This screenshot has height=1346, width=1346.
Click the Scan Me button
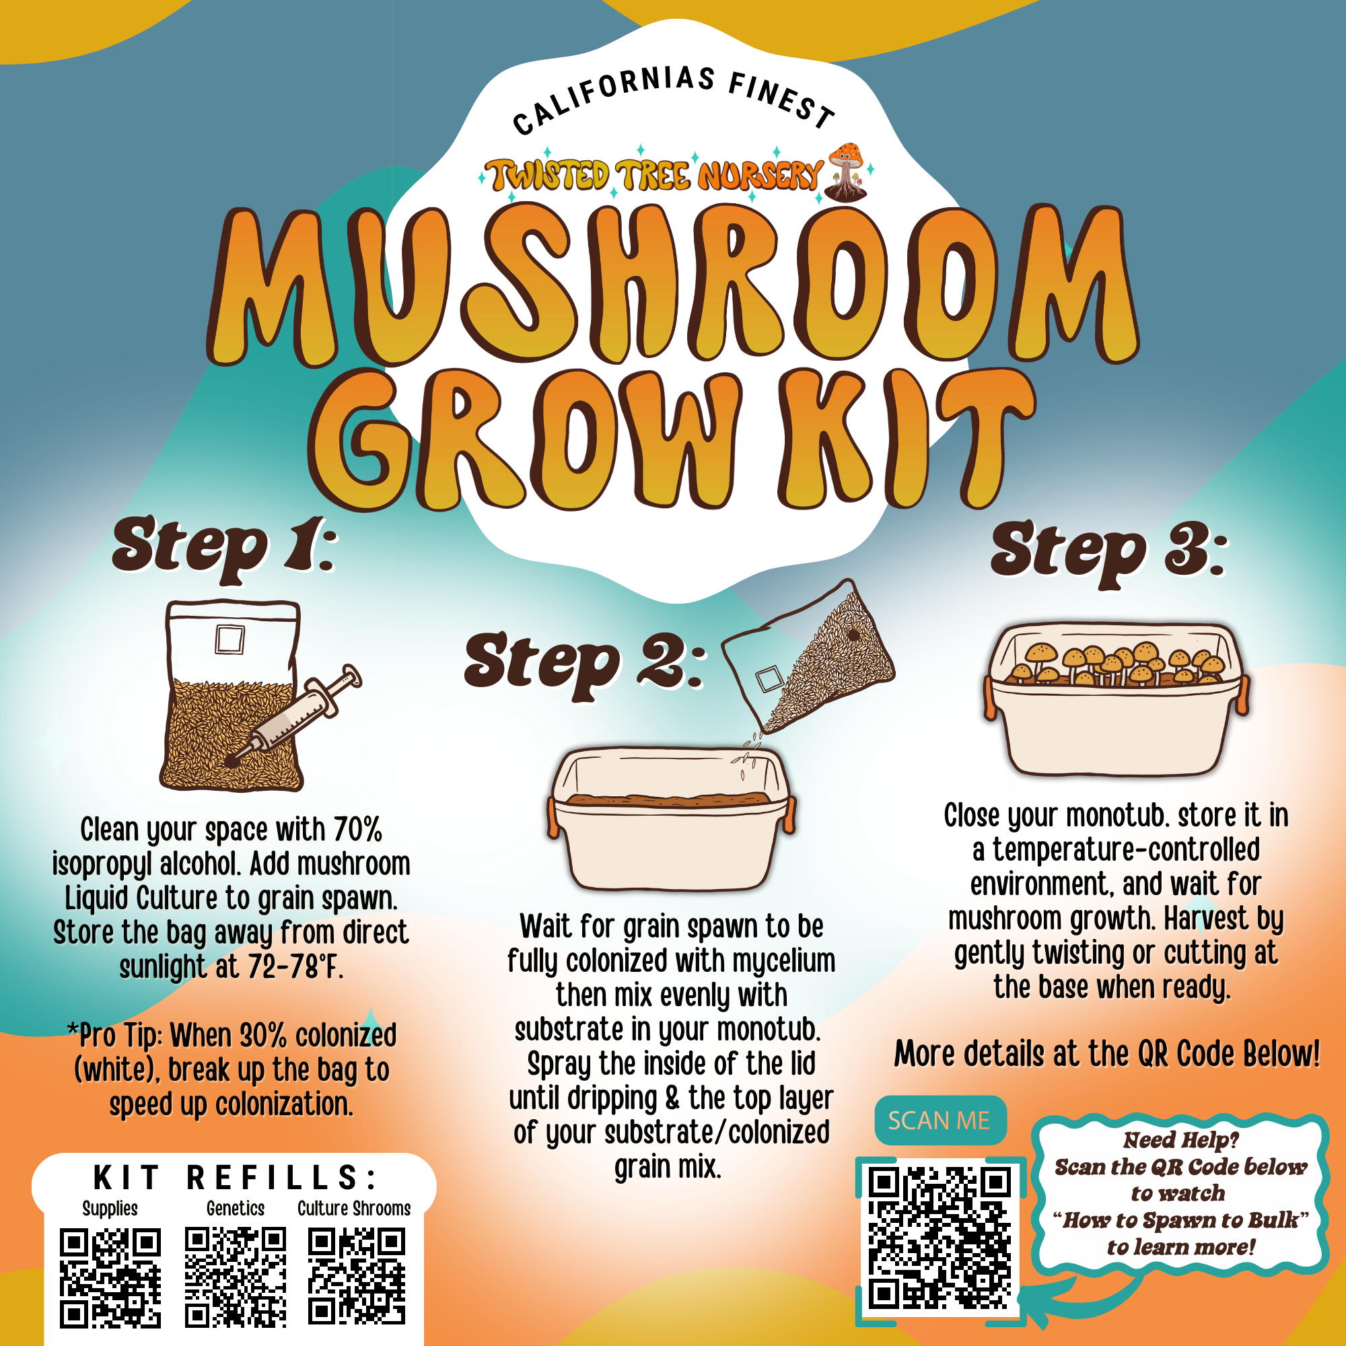tap(939, 1121)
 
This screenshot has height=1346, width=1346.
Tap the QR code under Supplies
tap(110, 1278)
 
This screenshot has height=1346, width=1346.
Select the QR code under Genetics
tap(236, 1277)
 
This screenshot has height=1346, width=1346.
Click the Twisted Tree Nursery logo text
tap(655, 175)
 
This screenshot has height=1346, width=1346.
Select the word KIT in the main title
tap(906, 439)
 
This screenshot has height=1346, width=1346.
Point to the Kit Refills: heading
tap(236, 1178)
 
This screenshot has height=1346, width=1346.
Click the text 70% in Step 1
tap(358, 830)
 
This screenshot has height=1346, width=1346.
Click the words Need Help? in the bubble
tap(1180, 1141)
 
